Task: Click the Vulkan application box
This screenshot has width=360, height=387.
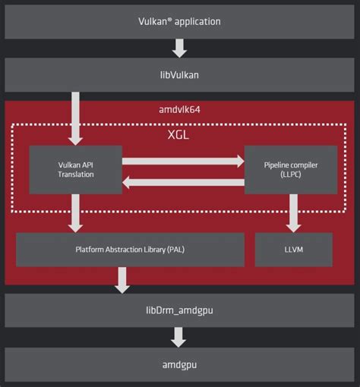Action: pos(180,20)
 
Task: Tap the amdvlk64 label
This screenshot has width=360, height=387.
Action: pos(180,110)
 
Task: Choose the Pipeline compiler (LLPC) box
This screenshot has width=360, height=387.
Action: pos(291,169)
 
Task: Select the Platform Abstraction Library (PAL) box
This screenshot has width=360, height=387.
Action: pos(130,249)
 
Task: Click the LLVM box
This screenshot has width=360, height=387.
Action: pos(293,249)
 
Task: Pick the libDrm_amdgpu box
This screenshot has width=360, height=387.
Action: pos(180,310)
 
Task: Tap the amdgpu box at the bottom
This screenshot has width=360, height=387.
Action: pos(180,365)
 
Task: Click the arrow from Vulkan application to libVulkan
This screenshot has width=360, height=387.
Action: pos(180,48)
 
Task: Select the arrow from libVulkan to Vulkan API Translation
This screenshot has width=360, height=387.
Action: pos(75,119)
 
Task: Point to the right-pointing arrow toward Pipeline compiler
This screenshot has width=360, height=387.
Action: pos(183,161)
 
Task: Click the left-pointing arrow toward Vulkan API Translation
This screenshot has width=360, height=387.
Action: pos(183,181)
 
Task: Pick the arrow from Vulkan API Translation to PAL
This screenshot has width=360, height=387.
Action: pos(75,212)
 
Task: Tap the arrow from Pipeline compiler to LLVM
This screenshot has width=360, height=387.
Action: pos(293,212)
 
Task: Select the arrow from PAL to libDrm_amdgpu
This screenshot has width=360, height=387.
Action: pos(122,279)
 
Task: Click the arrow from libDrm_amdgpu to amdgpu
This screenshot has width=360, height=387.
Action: pos(180,336)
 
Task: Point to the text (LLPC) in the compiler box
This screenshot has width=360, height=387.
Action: pos(291,175)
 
